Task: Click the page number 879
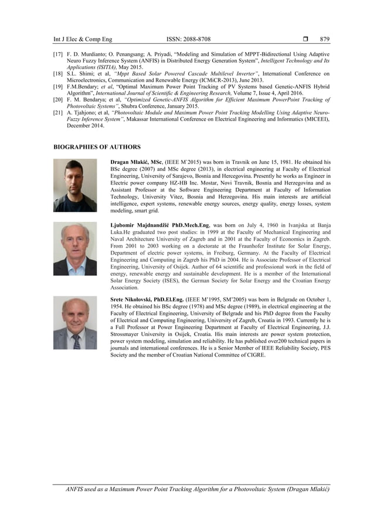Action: (325, 39)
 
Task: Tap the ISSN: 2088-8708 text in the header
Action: (188, 39)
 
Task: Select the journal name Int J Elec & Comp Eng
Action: (82, 39)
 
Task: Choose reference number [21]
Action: (58, 112)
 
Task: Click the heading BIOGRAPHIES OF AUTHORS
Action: (97, 147)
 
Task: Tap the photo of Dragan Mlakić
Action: (75, 185)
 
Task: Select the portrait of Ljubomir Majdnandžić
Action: (75, 249)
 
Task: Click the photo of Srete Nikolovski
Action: (75, 323)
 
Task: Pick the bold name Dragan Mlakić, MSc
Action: (137, 162)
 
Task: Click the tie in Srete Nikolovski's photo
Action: (76, 341)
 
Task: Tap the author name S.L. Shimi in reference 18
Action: (77, 73)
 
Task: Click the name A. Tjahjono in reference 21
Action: (81, 112)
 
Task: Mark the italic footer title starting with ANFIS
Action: (198, 489)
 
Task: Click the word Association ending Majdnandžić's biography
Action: (124, 288)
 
